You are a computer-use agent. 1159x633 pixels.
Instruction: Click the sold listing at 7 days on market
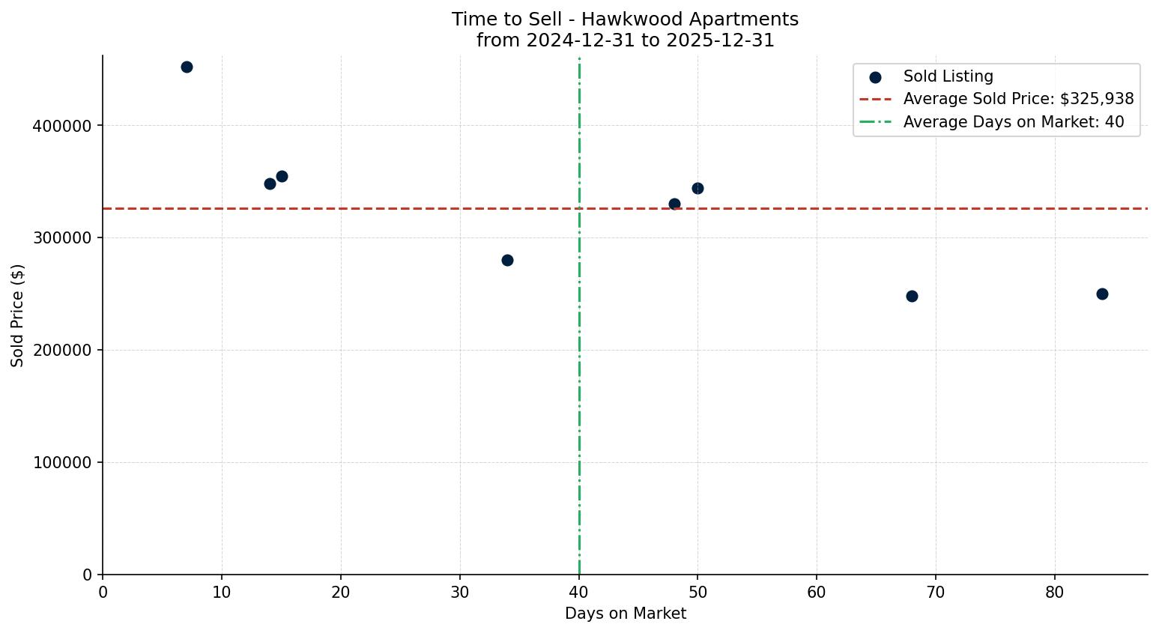point(187,67)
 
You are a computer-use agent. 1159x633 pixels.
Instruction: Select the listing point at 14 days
point(270,184)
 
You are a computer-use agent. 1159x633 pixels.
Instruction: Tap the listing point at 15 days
point(282,176)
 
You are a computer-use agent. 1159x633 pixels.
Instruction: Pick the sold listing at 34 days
point(507,260)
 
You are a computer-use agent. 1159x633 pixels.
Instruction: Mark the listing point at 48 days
point(674,204)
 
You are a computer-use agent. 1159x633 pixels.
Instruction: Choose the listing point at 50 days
point(697,188)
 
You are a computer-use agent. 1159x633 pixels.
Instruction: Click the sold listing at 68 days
point(912,296)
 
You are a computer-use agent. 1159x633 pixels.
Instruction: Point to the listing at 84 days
point(1102,294)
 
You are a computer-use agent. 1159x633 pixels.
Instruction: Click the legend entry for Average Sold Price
point(1018,99)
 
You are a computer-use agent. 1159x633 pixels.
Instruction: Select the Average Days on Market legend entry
point(1013,122)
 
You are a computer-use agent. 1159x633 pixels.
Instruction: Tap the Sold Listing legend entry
point(948,76)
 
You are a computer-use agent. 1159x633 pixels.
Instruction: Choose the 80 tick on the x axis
point(1055,593)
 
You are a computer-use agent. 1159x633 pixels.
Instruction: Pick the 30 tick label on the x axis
point(460,593)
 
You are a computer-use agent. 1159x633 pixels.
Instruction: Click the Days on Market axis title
point(625,614)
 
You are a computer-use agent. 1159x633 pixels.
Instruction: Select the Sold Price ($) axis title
point(18,315)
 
